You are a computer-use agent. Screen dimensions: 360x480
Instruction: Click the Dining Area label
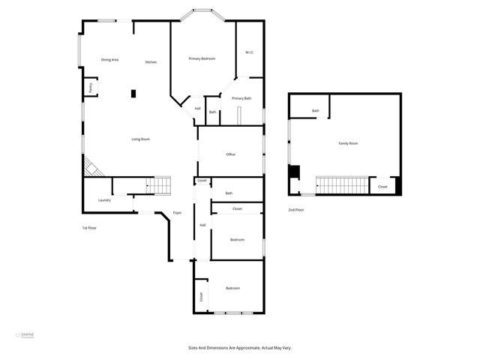click(110, 60)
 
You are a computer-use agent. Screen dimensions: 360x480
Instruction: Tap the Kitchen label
click(151, 62)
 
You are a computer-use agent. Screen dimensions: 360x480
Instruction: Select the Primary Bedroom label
click(202, 58)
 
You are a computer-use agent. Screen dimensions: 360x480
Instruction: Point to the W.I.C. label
click(250, 52)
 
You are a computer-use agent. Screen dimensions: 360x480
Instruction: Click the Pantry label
click(91, 88)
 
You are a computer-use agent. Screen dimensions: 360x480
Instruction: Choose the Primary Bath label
click(241, 98)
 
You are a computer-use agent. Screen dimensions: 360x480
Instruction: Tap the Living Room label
click(141, 139)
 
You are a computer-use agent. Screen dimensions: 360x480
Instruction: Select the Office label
click(231, 154)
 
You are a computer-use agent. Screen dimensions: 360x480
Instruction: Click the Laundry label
click(104, 200)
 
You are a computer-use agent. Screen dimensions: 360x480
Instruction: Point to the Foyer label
click(178, 213)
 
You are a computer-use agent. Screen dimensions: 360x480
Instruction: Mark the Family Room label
click(348, 143)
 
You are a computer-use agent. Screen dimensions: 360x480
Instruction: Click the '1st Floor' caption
click(89, 227)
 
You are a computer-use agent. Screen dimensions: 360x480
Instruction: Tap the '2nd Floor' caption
click(296, 210)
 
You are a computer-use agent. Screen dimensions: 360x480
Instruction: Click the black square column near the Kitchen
click(134, 94)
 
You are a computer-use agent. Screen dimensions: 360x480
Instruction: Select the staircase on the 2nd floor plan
click(342, 184)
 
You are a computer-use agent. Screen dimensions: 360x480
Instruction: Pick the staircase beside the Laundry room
click(158, 184)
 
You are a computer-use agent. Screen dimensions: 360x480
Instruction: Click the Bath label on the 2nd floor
click(316, 111)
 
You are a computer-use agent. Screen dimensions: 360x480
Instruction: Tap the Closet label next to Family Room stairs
click(382, 187)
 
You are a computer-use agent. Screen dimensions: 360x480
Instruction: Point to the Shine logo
click(25, 335)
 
